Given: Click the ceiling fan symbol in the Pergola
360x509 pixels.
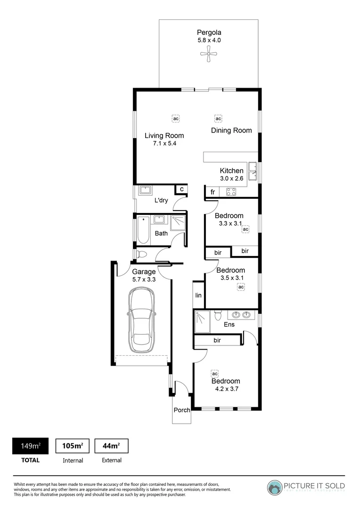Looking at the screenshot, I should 209,56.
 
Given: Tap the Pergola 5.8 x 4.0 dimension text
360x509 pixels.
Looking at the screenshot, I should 209,41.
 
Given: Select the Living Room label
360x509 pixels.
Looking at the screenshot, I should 164,136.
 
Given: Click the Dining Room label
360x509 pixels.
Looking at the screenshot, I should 231,131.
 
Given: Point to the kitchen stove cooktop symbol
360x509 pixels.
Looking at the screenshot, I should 231,192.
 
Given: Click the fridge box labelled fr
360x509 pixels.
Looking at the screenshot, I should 213,192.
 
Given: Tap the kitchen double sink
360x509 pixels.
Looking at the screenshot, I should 252,171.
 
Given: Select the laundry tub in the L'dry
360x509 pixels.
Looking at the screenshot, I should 146,191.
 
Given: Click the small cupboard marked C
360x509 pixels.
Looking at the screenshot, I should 181,189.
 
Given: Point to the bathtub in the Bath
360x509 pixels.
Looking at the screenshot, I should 142,230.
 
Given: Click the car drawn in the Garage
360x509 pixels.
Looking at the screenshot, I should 141,320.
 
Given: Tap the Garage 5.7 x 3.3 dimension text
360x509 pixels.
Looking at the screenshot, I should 144,279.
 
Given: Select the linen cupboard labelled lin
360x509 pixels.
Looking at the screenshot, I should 198,296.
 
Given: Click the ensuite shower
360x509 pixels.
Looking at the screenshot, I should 203,321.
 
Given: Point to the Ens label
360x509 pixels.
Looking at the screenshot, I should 229,325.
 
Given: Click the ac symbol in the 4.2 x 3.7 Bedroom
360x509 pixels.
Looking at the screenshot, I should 215,373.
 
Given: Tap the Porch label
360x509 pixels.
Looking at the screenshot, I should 181,410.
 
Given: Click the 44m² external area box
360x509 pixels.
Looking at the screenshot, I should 111,446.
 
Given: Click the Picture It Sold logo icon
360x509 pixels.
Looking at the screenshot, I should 275,487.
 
